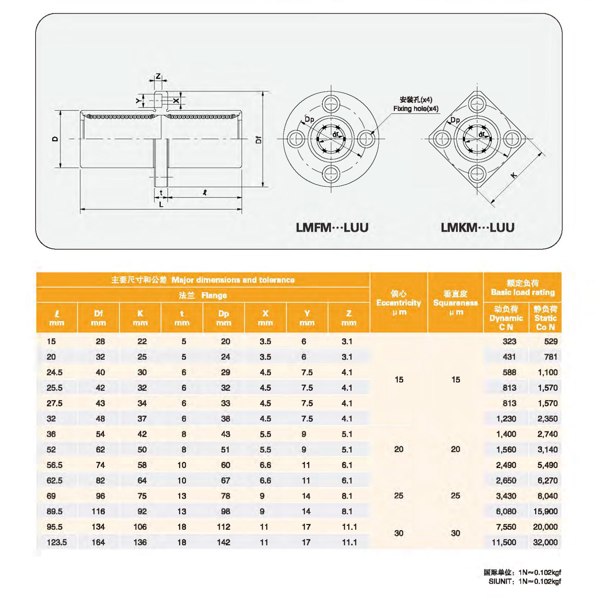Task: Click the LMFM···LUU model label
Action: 332,227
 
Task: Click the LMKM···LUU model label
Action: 477,227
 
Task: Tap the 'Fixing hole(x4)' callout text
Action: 415,108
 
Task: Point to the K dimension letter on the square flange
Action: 514,175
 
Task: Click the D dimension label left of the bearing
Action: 55,139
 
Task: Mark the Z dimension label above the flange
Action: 158,76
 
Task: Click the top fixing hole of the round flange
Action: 331,104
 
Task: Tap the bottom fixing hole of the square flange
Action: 477,174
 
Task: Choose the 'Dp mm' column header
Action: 223,318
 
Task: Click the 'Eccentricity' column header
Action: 398,303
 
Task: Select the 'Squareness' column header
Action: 455,303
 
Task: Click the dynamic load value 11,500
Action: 504,542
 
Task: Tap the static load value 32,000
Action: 545,542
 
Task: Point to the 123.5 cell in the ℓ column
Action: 57,542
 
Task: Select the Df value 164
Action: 98,542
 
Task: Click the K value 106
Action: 140,527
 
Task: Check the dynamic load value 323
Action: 509,341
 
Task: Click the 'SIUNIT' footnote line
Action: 524,581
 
